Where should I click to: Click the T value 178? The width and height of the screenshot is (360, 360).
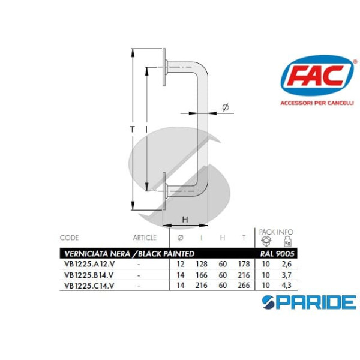(x=244, y=264)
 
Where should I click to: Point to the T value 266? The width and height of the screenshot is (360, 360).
(x=244, y=285)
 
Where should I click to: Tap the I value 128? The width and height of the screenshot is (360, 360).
(x=202, y=264)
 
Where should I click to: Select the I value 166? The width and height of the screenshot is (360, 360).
(x=202, y=275)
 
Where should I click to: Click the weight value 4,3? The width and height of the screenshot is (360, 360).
(x=287, y=285)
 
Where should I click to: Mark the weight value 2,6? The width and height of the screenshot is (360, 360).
(x=287, y=264)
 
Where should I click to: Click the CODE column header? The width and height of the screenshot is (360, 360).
(x=71, y=238)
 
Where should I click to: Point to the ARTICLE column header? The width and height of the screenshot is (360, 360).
(x=144, y=238)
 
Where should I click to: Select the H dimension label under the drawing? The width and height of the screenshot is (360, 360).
(x=185, y=220)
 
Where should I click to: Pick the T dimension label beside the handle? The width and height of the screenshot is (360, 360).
(x=131, y=128)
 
